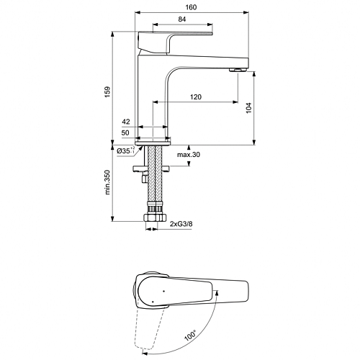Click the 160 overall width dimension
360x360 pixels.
pos(191,7)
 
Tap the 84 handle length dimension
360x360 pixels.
pos(182,19)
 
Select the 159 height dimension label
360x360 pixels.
pos(107,91)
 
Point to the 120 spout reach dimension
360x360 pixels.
pos(196,97)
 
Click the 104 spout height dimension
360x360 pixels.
pos(248,108)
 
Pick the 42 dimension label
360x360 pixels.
pos(126,122)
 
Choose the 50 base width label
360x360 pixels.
pos(125,132)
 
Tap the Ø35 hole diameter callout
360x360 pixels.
pos(126,150)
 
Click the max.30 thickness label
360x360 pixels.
pos(189,155)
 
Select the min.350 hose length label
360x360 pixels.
pos(107,182)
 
